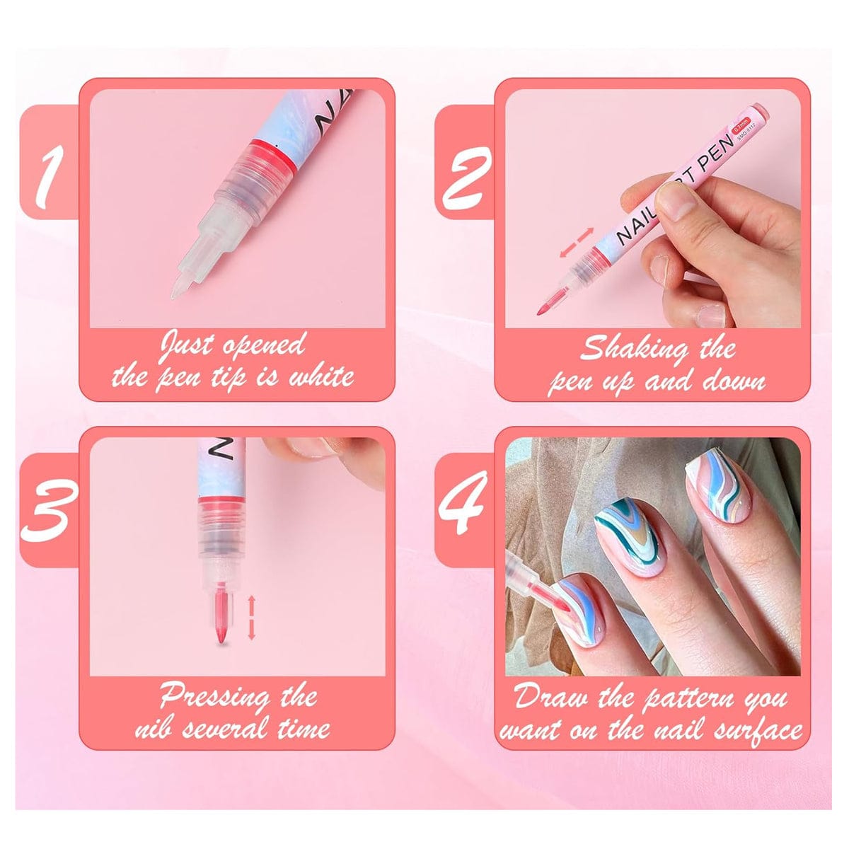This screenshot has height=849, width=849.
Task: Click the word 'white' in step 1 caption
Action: (x=320, y=375)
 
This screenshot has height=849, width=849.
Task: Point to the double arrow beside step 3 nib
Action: (x=250, y=618)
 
